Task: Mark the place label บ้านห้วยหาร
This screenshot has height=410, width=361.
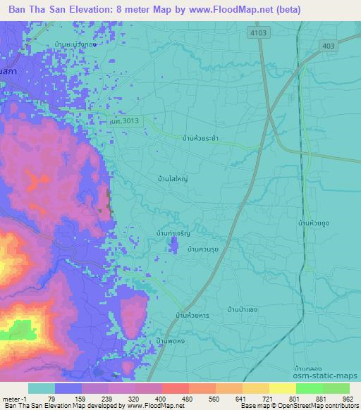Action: (189, 316)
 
